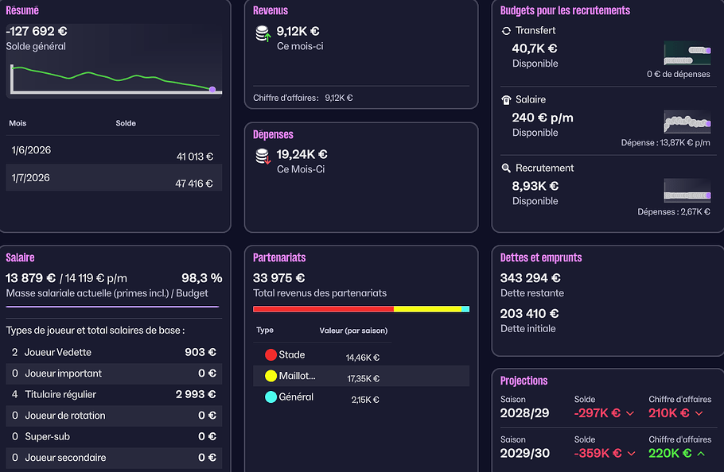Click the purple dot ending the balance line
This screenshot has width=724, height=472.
tap(212, 90)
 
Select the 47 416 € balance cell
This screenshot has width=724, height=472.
tap(194, 184)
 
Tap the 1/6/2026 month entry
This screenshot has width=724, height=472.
tap(31, 150)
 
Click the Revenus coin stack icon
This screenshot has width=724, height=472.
tap(263, 33)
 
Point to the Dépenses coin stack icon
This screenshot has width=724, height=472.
tap(263, 157)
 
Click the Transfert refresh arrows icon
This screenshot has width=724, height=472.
tap(506, 31)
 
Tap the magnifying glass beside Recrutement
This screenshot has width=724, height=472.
tap(506, 168)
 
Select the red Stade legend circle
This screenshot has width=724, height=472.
tap(271, 354)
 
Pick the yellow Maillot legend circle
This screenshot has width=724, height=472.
tap(271, 376)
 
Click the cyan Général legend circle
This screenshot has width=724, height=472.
tap(271, 397)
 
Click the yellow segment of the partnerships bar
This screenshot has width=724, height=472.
tap(427, 309)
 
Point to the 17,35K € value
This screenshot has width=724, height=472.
tap(364, 378)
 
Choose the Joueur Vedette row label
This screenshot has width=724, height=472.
tap(58, 352)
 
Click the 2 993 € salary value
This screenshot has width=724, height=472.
tap(196, 395)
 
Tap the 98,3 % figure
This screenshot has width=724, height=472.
tap(202, 278)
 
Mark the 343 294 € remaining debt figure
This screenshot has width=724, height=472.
tap(530, 278)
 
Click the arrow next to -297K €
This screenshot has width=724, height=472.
tap(630, 413)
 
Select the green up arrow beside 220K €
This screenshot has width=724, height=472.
tap(701, 454)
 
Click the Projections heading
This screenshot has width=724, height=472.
tap(524, 381)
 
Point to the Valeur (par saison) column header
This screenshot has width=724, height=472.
tap(354, 331)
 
